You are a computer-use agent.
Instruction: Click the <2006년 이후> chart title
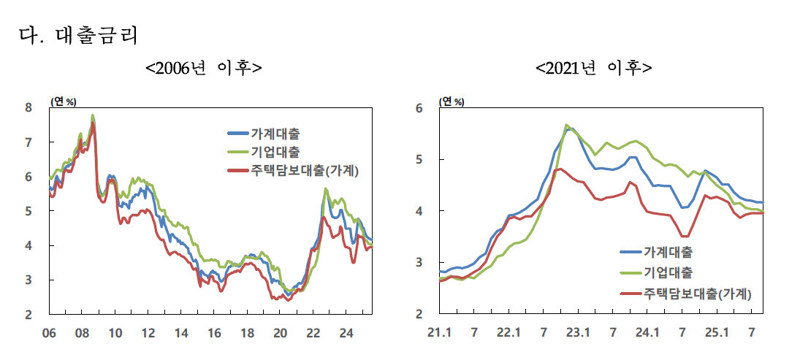click(x=203, y=68)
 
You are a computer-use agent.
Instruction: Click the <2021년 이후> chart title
click(x=594, y=68)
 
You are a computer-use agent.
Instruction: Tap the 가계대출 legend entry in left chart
click(x=274, y=134)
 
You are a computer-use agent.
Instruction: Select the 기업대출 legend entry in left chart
click(x=274, y=152)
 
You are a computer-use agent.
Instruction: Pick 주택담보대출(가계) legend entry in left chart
click(x=306, y=170)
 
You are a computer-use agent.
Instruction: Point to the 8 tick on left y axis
click(x=28, y=108)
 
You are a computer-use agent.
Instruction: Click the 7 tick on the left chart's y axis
click(x=28, y=142)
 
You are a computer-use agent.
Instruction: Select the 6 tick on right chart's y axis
click(x=419, y=108)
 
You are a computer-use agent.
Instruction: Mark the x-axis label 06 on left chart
click(x=49, y=333)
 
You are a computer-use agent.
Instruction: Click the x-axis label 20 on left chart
click(x=280, y=333)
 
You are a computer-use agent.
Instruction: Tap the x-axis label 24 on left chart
click(x=346, y=333)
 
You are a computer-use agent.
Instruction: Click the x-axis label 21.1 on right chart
click(x=439, y=333)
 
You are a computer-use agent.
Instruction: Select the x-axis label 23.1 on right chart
click(x=578, y=333)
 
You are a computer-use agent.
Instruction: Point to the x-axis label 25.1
click(x=717, y=333)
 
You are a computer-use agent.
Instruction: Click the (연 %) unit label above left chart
click(x=62, y=101)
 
